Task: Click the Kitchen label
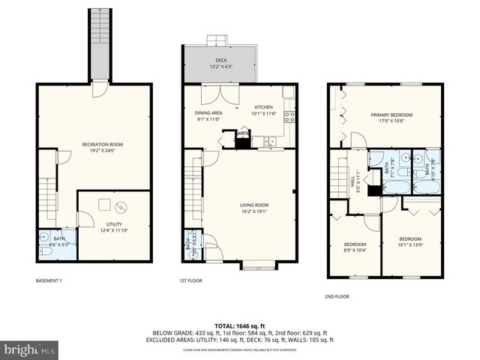tap(264, 110)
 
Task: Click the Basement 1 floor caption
tap(49, 280)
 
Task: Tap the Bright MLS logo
tap(30, 349)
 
